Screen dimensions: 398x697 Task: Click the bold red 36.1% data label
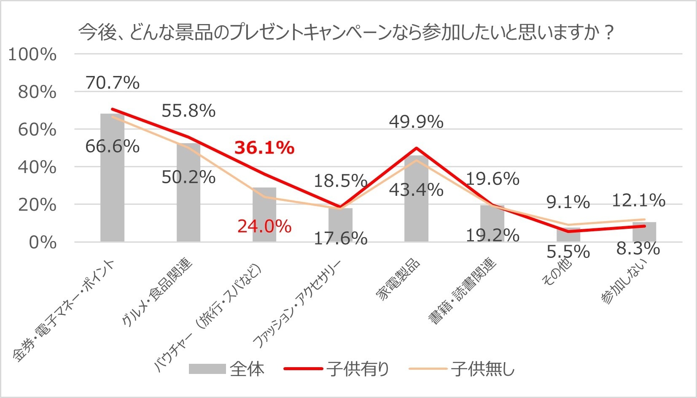tap(264, 148)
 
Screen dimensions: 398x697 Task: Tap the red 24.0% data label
tap(264, 227)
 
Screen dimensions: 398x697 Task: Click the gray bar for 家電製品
tap(416, 199)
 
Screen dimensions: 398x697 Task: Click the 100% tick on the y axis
tap(32, 54)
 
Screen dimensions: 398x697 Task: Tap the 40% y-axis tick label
tap(37, 168)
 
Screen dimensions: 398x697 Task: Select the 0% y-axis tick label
tap(43, 243)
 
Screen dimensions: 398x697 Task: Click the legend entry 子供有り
tap(358, 369)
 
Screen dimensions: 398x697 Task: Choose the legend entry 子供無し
tap(482, 369)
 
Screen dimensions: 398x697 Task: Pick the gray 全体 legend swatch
tap(207, 369)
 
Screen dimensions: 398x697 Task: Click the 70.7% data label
tap(112, 83)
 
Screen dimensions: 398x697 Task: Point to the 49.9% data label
tap(416, 122)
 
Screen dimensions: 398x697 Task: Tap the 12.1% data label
tap(638, 200)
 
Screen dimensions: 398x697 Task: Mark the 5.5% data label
tap(568, 252)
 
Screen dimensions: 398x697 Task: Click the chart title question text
tap(346, 32)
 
